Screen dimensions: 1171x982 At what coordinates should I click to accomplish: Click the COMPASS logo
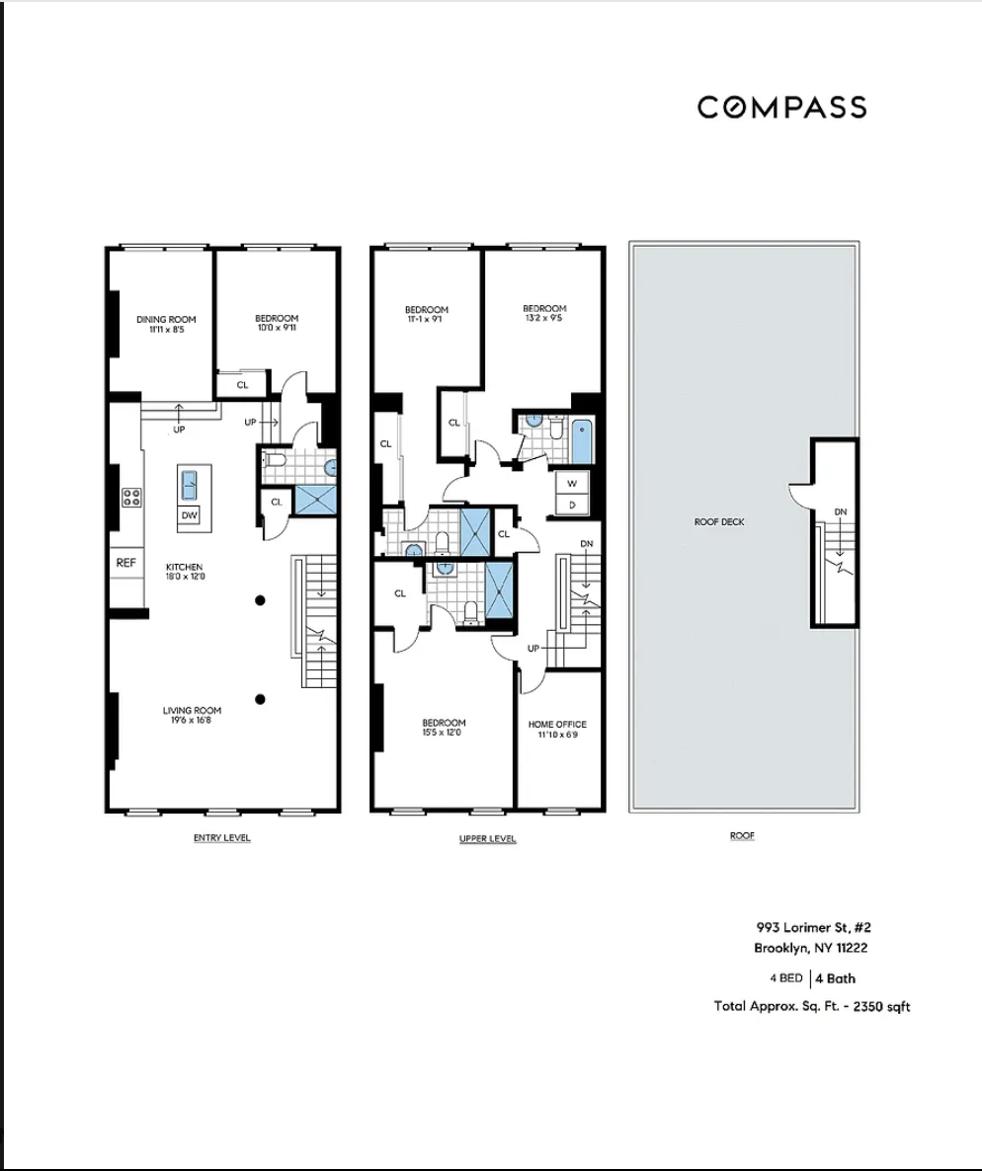pos(781,107)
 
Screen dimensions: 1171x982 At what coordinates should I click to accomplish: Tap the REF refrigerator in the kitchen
pos(125,563)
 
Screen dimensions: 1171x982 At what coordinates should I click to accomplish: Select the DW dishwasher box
pos(189,514)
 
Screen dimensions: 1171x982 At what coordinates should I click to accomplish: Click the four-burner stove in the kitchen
pos(130,498)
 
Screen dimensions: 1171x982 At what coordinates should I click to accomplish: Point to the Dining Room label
pos(165,324)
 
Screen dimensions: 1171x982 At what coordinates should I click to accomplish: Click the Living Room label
pos(192,715)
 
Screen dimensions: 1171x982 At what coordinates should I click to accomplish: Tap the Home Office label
pos(558,729)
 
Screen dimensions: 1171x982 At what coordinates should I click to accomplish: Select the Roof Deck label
pos(719,521)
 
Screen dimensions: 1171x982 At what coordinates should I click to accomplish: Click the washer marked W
pos(571,483)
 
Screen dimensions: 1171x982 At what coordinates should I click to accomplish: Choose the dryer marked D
pos(571,505)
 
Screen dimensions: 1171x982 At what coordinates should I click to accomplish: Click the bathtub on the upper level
pos(582,440)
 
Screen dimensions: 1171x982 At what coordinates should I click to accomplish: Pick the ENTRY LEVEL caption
pos(221,838)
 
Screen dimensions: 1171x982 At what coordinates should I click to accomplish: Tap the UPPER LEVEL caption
pos(487,839)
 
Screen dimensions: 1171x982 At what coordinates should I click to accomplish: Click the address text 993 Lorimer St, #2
pos(798,928)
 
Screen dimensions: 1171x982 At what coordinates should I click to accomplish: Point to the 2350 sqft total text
pos(812,1006)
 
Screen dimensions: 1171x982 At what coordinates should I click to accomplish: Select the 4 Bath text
pos(835,979)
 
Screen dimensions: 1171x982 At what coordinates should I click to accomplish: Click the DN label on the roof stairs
pos(841,511)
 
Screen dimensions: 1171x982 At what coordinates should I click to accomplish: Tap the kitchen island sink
pos(188,486)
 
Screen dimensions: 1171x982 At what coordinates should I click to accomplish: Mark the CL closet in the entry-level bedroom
pos(242,385)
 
